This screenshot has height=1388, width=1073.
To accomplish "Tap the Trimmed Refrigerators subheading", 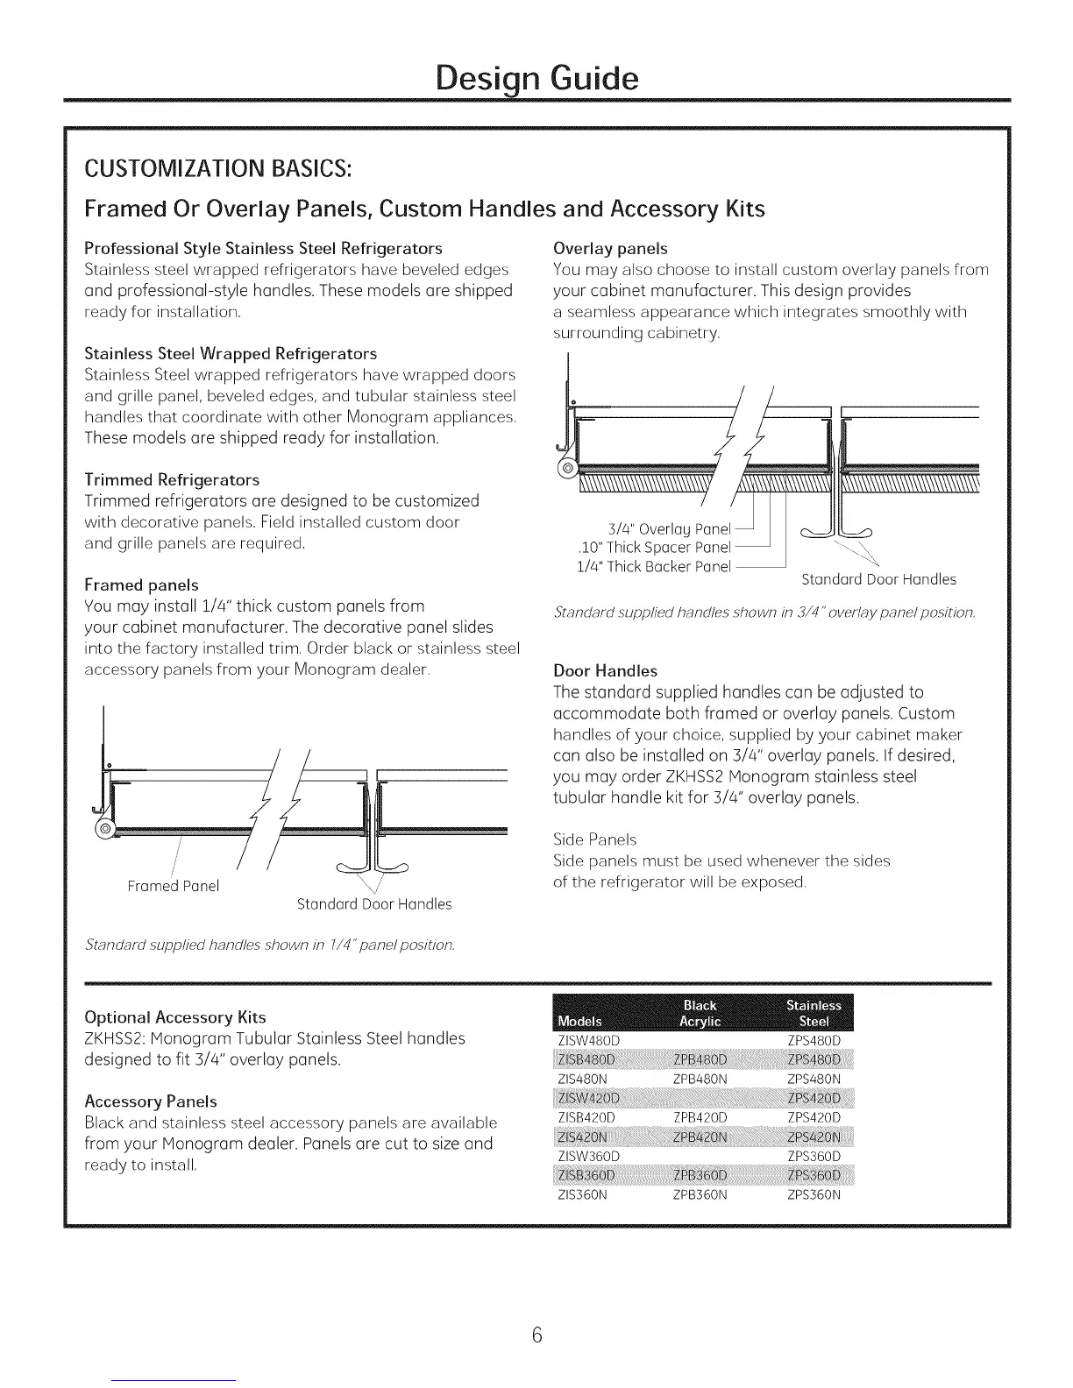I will click(x=172, y=479).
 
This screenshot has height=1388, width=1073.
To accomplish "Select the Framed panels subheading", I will click(x=141, y=584).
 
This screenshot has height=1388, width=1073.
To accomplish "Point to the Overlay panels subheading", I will click(x=610, y=248).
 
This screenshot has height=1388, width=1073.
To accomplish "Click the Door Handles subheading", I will click(x=605, y=670).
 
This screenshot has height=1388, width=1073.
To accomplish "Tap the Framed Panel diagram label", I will click(x=173, y=886).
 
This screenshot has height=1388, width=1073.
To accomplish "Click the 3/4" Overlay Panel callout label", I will click(x=669, y=528).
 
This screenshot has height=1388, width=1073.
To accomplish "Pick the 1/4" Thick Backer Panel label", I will click(x=653, y=566).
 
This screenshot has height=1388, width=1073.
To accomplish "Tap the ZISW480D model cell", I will click(x=588, y=1041).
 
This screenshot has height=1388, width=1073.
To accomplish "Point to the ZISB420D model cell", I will click(x=588, y=1118).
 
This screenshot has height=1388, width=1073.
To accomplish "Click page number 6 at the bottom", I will click(x=537, y=1335).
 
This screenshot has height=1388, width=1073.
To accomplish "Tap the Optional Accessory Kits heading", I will click(x=174, y=1017).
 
